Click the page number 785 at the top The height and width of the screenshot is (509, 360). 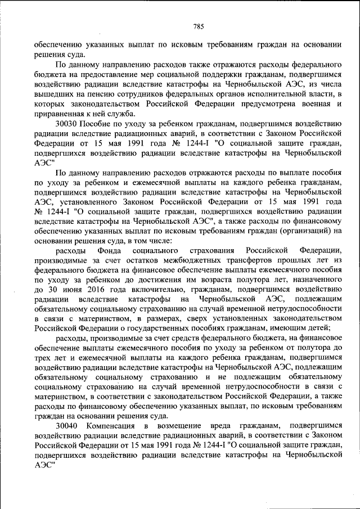click(197, 26)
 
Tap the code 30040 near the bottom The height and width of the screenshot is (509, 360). click(67, 426)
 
